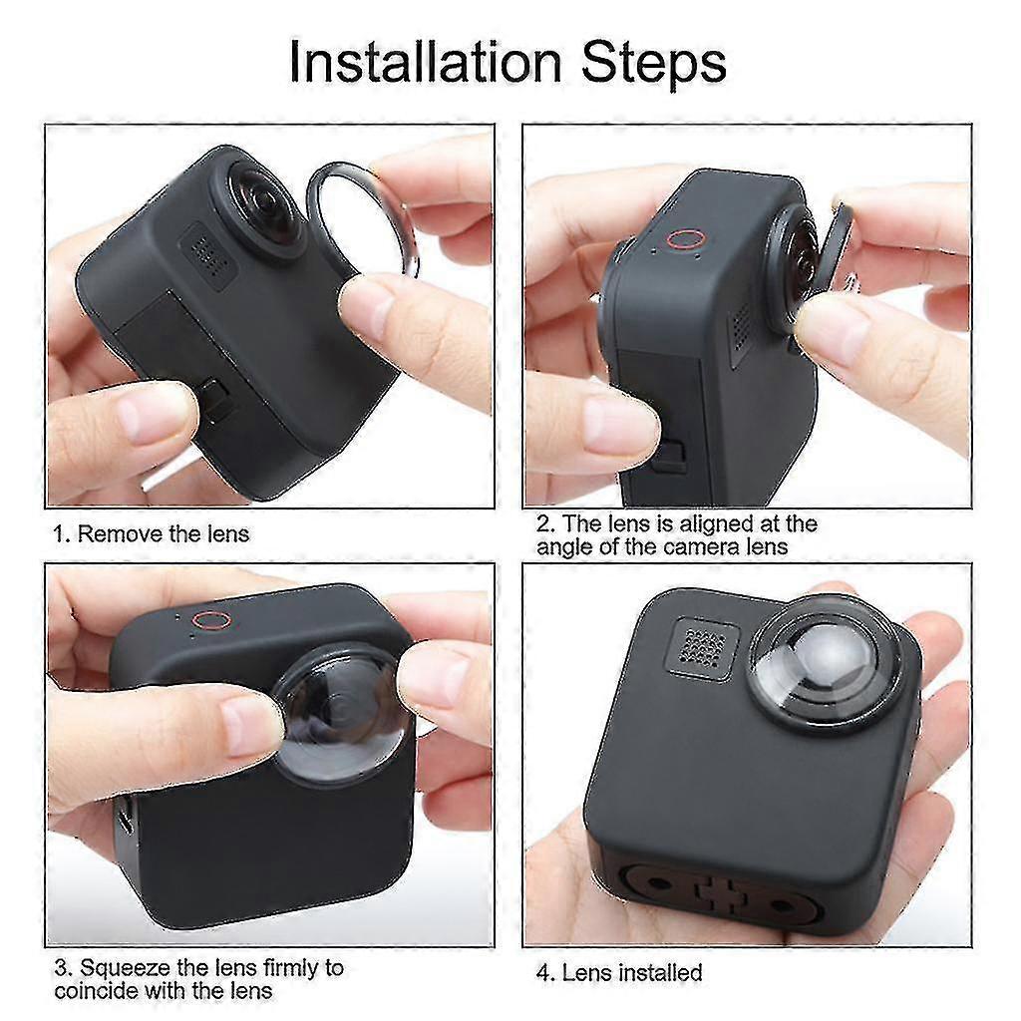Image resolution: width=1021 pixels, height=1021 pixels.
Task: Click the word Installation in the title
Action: (425, 62)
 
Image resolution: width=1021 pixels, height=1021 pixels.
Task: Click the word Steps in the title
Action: (653, 63)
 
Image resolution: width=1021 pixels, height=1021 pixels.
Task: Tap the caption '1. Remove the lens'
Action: (152, 534)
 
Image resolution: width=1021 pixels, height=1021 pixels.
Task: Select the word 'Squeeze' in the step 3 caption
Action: (125, 968)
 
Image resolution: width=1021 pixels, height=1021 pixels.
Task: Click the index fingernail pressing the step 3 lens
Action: (250, 724)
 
